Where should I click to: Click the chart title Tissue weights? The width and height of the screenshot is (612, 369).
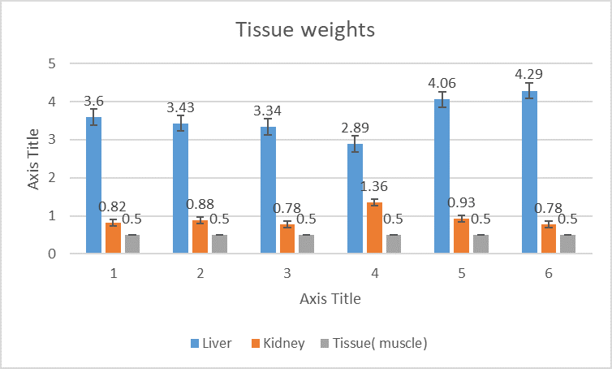coord(305,30)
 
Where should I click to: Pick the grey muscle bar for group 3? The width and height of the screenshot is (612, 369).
coord(307,244)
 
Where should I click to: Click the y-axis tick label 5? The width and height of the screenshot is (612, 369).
coord(52,63)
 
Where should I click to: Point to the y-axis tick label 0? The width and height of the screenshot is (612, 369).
coord(52,254)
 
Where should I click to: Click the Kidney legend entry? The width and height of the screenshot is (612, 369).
coord(275,343)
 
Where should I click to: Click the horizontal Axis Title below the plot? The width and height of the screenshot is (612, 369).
coord(330,298)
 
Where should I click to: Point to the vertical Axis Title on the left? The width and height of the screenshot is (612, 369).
coord(33,158)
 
